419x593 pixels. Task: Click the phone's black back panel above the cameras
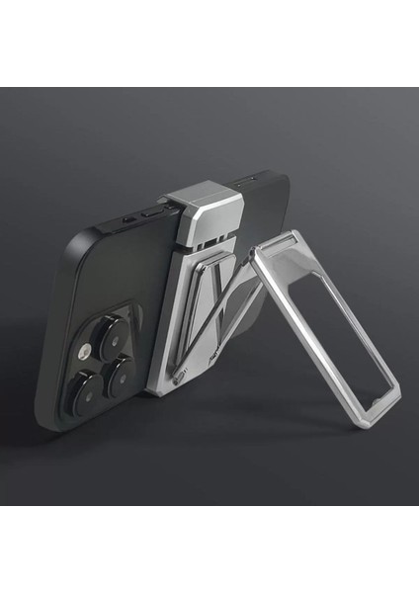[x=109, y=277]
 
